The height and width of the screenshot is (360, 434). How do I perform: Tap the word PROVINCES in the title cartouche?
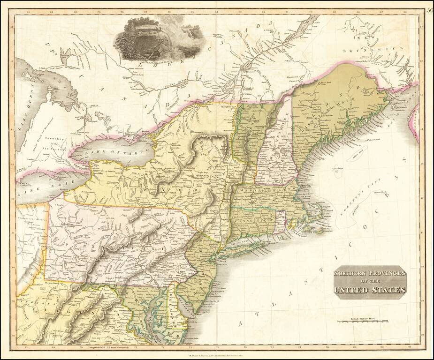pyautogui.click(x=382, y=273)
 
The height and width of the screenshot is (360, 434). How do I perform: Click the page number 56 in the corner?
pyautogui.click(x=429, y=9)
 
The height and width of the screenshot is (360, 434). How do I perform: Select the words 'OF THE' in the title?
pyautogui.click(x=370, y=281)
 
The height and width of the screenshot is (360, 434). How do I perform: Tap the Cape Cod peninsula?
pyautogui.click(x=324, y=211)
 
